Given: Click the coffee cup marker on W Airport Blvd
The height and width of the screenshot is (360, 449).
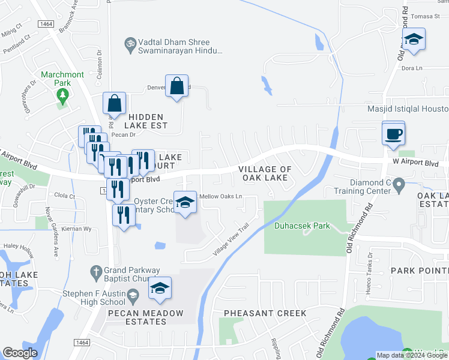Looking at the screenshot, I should tap(393, 133).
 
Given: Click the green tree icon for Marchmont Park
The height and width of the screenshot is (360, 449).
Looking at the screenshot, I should tap(62, 95).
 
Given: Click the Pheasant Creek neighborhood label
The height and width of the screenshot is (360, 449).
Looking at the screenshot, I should tap(265, 313).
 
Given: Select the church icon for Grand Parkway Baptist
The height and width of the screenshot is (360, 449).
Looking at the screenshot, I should tap(94, 271).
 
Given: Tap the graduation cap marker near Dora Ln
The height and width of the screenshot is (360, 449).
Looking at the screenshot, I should tap(413, 40).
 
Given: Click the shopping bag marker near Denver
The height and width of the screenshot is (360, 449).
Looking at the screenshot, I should tap(177, 87).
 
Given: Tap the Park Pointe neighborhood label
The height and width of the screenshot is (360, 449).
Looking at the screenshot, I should tap(420, 271).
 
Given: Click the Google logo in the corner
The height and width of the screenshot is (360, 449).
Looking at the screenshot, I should tap(20, 353).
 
